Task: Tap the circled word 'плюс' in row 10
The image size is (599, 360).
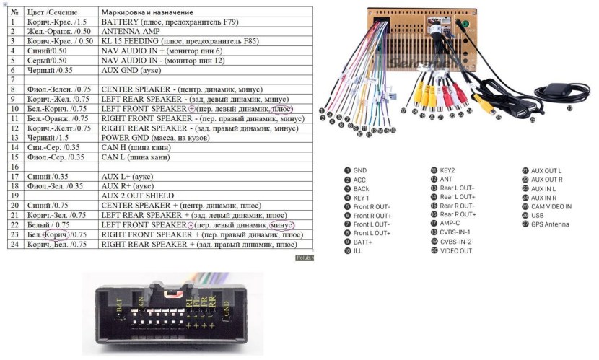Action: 287,108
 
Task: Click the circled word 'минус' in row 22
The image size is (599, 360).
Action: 282,225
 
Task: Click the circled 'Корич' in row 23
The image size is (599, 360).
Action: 56,234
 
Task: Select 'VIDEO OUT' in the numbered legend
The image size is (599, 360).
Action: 456,250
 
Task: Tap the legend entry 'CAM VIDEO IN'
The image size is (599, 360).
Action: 551,206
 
